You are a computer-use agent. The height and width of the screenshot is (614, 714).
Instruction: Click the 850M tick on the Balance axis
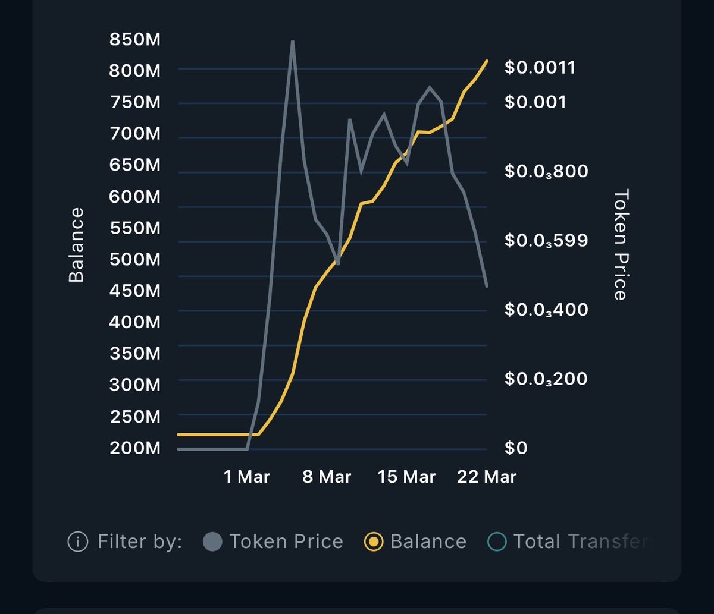[135, 40]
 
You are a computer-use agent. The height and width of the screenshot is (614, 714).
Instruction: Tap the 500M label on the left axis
[135, 260]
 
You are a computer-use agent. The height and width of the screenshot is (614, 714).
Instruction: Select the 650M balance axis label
[135, 165]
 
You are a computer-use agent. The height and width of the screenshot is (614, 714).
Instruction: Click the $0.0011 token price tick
[540, 67]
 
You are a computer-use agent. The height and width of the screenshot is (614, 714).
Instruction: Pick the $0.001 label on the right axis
[535, 102]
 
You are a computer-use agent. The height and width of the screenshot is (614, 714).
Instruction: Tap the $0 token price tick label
[516, 448]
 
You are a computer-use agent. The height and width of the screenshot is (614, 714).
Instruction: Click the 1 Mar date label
[247, 477]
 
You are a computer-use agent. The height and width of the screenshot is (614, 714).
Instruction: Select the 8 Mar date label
[327, 477]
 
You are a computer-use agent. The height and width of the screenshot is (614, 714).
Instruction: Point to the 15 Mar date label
[407, 477]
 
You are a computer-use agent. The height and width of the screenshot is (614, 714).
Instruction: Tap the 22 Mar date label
[487, 477]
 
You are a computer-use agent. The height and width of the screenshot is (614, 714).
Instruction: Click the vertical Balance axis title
[76, 245]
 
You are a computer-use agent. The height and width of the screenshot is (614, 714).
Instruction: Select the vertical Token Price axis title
[621, 245]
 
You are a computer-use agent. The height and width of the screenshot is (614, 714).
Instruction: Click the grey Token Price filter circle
[212, 541]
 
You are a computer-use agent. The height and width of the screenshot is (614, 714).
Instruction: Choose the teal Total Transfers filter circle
[497, 541]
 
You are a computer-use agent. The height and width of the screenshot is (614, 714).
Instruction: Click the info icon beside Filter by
[77, 541]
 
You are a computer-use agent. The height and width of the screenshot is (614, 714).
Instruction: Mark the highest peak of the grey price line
[292, 42]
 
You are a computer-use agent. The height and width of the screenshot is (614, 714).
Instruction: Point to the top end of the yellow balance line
[487, 61]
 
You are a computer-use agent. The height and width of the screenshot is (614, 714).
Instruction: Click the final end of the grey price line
[487, 286]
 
